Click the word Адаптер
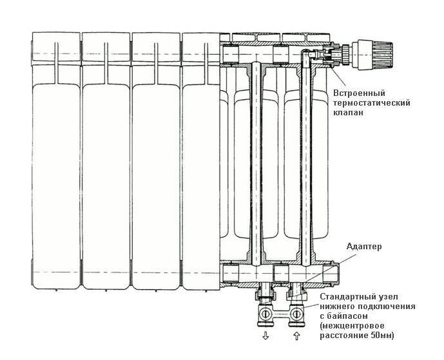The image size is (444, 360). [x=364, y=247]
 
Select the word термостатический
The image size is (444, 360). [x=372, y=103]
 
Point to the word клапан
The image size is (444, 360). [x=348, y=113]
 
